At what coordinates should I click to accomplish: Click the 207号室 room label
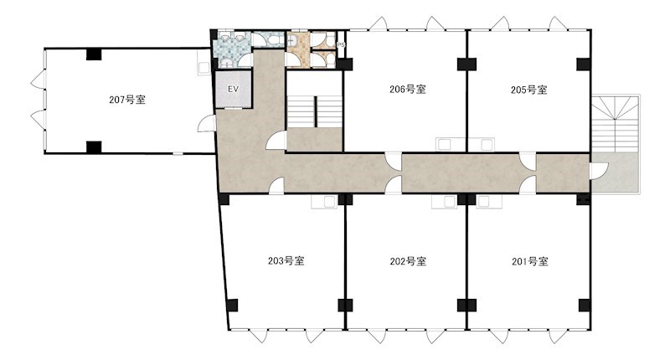(127, 100)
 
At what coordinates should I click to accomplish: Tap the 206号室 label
(408, 90)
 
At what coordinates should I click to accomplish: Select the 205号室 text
(529, 90)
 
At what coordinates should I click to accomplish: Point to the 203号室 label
(286, 260)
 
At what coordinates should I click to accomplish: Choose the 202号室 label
(408, 261)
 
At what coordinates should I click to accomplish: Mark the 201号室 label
(530, 261)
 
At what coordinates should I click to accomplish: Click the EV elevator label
(233, 90)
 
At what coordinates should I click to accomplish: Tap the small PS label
(341, 44)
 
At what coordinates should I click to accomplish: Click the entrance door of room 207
(206, 124)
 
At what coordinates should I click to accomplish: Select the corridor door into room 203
(277, 186)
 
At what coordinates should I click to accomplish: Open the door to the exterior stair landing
(598, 172)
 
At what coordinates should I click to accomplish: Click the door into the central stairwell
(277, 140)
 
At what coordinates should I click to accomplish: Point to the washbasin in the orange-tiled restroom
(291, 41)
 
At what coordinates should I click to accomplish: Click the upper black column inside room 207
(94, 54)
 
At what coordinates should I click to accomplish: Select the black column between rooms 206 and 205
(466, 64)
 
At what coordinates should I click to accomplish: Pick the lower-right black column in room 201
(584, 305)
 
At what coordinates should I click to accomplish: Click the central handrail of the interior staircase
(316, 111)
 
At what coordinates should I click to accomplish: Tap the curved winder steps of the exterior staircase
(616, 108)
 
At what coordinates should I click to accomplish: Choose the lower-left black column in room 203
(232, 305)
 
